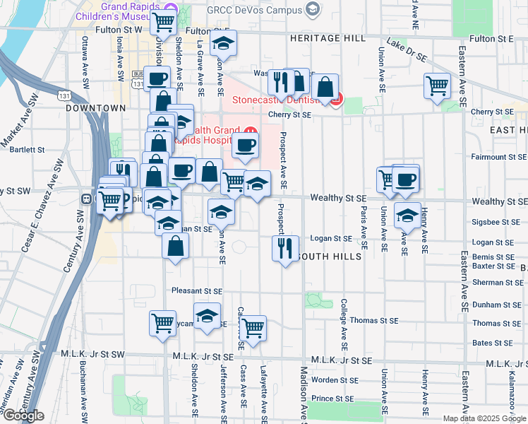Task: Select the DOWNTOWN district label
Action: tap(95, 108)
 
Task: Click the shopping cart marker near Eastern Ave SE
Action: tap(438, 86)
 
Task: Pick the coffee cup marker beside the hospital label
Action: tap(245, 146)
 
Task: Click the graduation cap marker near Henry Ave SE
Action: tap(407, 215)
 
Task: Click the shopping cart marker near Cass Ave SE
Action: tap(253, 328)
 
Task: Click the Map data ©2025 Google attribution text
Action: tap(484, 418)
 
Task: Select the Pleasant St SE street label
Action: tap(197, 290)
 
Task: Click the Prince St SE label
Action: tap(332, 399)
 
